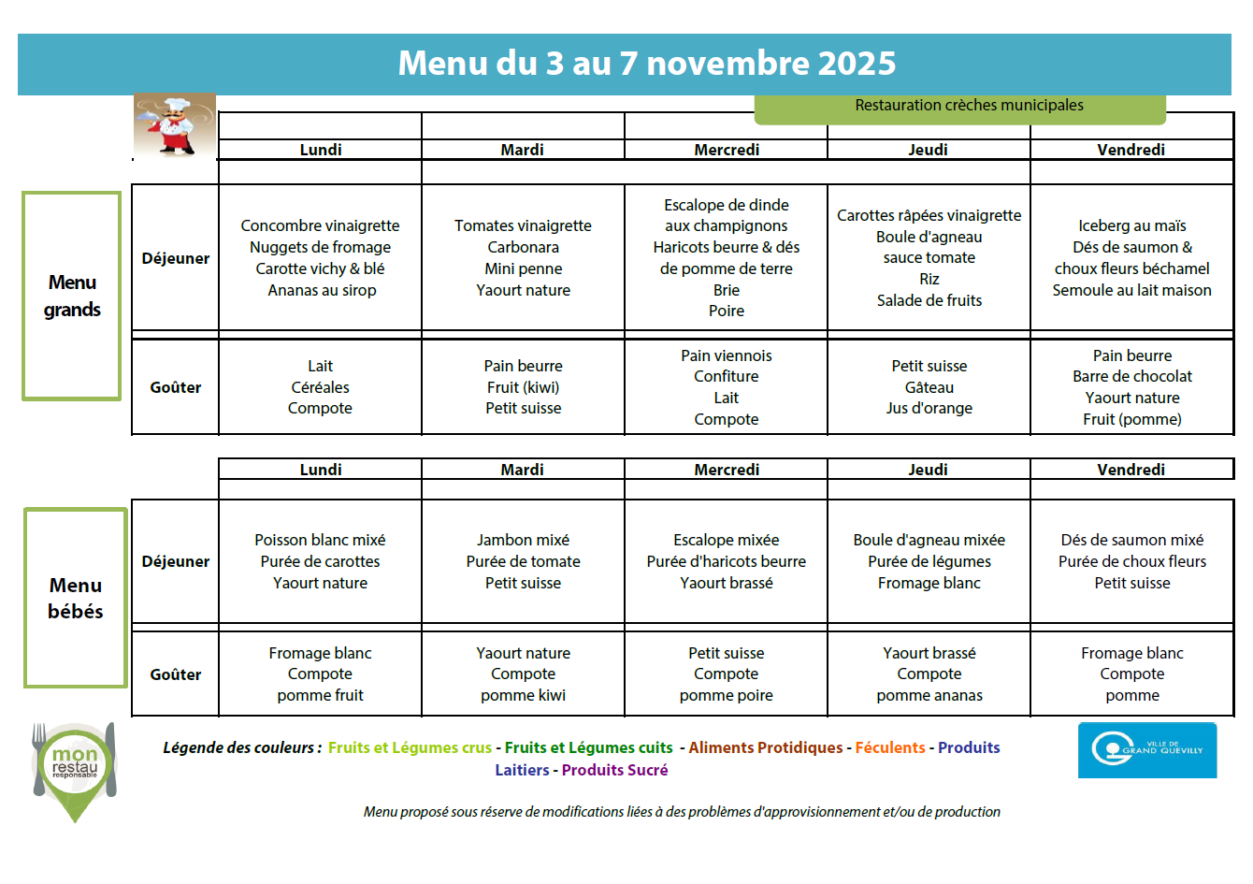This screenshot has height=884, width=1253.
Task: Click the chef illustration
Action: click(175, 125)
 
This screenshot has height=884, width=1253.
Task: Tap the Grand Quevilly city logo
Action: click(1146, 749)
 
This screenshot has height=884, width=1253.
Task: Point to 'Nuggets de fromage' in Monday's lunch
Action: click(320, 247)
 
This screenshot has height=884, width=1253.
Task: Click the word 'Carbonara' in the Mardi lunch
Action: click(523, 247)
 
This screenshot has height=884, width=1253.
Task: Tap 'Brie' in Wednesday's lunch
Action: click(726, 290)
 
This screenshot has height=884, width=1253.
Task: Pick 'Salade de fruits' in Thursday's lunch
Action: click(929, 300)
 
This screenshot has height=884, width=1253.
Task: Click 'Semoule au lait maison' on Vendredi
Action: click(1131, 290)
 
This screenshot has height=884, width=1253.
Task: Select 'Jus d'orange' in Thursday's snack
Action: click(929, 408)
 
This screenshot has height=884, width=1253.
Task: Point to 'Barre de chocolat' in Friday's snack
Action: click(1131, 376)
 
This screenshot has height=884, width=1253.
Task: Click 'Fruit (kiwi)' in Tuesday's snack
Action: click(523, 387)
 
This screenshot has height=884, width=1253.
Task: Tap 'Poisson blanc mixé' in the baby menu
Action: click(320, 540)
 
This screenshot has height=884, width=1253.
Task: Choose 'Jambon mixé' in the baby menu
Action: click(523, 540)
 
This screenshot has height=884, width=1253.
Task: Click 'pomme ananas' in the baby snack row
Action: click(929, 695)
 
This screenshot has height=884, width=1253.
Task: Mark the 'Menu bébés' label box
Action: click(76, 598)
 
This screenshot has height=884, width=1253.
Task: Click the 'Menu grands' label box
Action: click(72, 296)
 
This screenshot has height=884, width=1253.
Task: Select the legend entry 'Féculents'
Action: click(889, 747)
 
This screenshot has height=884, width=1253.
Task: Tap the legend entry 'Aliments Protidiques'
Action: click(765, 747)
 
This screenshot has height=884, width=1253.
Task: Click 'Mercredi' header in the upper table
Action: click(726, 150)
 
